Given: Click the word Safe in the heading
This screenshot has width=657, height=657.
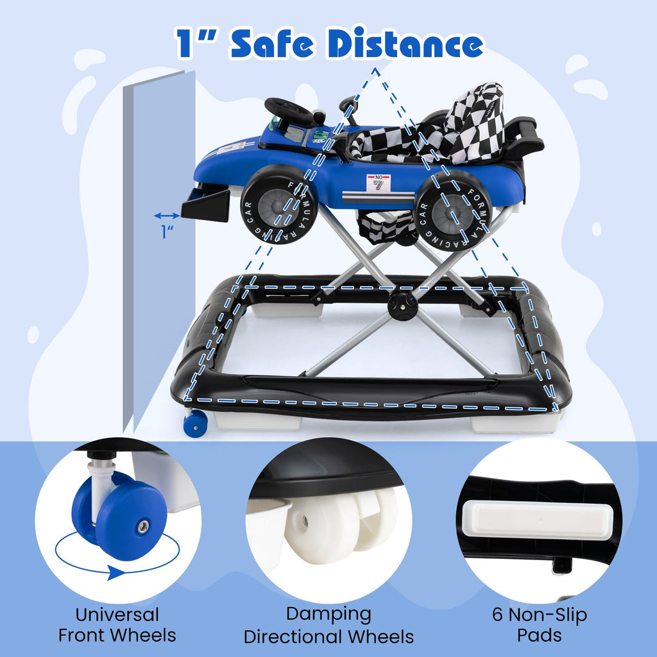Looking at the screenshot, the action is coord(272,43).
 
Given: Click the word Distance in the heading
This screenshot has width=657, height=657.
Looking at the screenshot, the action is coord(405,43).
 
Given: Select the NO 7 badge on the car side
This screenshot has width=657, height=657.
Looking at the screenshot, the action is coord(378,183).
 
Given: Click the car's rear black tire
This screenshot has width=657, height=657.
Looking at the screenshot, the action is coord(452,210).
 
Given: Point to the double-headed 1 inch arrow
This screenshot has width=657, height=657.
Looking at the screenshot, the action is coord(167,216).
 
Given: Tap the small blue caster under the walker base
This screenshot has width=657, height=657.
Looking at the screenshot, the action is coord(195,423).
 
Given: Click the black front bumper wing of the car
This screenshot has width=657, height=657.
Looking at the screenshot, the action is coord(205,205).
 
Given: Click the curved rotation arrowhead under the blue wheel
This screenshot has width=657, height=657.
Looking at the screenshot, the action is coord(115,572).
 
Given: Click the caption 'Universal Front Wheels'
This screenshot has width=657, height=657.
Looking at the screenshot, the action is coord(117,625).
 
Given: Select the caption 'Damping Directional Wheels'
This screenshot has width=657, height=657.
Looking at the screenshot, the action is coord(328,625).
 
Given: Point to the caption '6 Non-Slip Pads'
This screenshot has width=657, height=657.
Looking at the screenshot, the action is coord(539,625).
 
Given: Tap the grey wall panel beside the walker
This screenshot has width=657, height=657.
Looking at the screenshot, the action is coord(160,252).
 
